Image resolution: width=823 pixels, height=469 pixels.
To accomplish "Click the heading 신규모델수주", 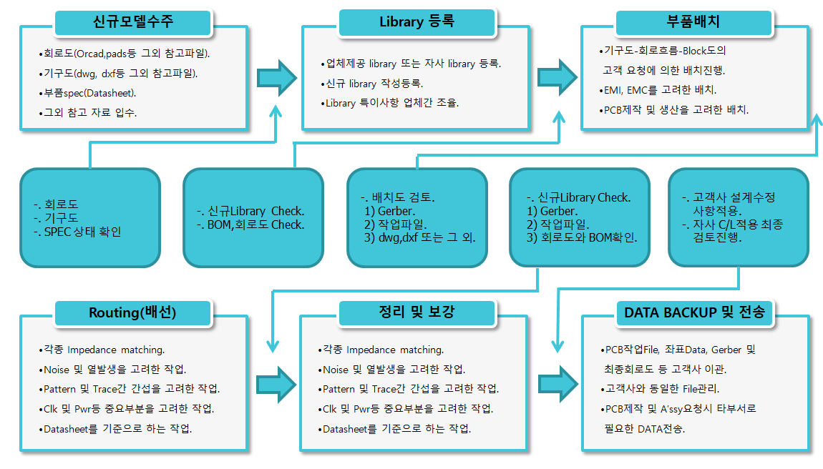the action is [133, 23].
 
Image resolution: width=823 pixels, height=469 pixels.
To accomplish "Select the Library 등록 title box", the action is [417, 23].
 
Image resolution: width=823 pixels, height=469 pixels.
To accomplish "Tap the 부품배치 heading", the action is [694, 23].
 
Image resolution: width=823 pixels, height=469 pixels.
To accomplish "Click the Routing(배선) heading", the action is [133, 313].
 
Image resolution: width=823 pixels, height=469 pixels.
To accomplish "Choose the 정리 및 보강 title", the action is [417, 312].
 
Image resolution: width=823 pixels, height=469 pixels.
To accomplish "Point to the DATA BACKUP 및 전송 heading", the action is [694, 313].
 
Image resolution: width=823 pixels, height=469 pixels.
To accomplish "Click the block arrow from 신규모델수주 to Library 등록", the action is [277, 78].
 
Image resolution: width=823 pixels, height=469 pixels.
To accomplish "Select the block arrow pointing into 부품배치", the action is [557, 77].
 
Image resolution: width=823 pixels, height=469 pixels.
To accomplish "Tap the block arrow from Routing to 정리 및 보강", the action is [277, 385].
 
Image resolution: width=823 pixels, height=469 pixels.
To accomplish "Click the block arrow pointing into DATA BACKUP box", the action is [558, 384].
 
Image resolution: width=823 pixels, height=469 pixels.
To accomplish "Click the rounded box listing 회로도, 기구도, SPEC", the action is [90, 218].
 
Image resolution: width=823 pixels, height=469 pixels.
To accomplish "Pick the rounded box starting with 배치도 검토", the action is [417, 218].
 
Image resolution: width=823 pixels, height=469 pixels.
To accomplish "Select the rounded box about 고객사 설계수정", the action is [739, 218].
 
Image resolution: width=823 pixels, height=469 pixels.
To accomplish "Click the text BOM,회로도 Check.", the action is [250, 224].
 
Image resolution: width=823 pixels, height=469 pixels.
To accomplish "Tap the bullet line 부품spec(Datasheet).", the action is [87, 94].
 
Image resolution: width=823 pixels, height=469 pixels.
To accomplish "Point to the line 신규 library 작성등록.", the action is [372, 84].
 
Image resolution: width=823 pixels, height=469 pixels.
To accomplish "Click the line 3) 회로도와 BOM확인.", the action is [582, 237].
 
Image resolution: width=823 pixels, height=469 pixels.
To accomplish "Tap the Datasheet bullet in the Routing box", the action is [115, 429].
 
